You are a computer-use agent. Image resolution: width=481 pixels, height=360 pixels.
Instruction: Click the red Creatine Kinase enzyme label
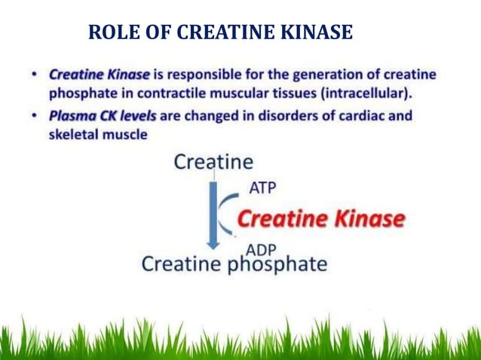[320, 219]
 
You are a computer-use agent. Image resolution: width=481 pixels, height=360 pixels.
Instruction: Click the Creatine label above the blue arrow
[213, 161]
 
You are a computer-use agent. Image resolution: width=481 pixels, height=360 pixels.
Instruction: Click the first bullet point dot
[35, 75]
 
